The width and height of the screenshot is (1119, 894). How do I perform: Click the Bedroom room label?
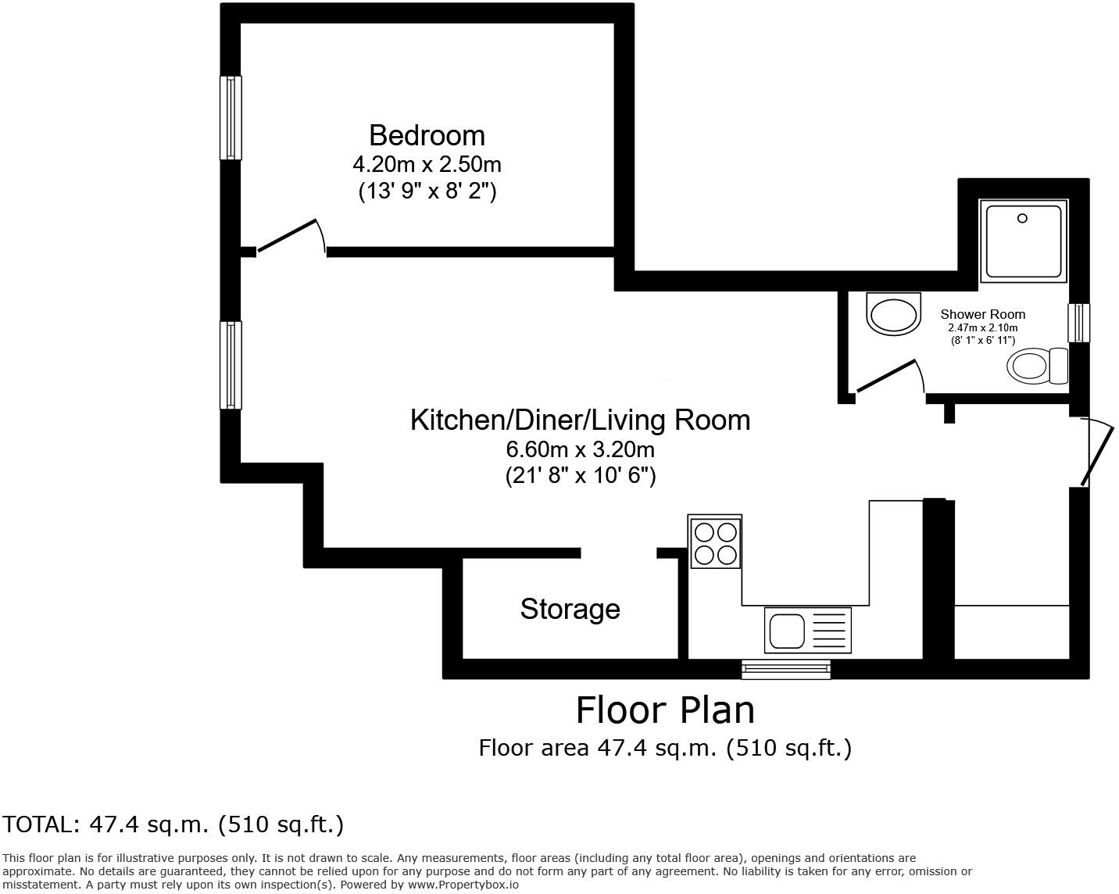427,135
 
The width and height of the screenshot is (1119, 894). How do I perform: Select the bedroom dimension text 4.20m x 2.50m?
427,165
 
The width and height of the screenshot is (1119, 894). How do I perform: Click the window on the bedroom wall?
231,117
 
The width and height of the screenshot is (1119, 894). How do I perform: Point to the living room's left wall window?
231,364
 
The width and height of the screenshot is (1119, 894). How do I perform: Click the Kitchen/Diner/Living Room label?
580,420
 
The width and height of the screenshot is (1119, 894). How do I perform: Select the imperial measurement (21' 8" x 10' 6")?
580,475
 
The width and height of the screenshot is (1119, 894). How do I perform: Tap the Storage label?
570,609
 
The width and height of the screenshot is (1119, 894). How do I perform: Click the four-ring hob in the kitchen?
715,542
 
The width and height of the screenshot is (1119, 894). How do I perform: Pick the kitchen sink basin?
787,630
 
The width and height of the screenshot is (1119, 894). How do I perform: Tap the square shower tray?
1024,240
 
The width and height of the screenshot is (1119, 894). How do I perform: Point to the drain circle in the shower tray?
1022,220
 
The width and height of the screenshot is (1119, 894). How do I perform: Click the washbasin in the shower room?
892,316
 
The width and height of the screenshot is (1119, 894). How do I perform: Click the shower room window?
1078,323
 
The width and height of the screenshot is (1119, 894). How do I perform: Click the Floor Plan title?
665,710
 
